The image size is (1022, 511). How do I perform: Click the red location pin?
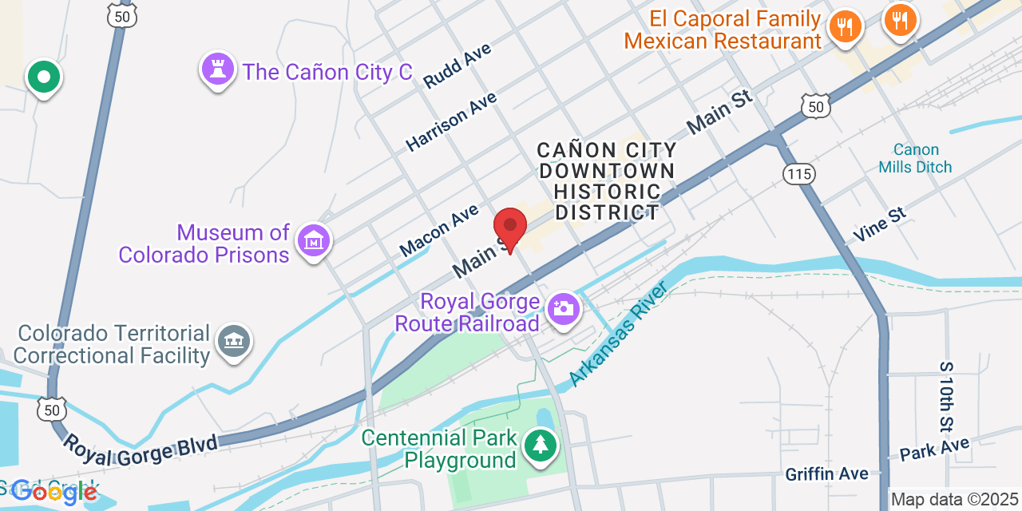(510, 227)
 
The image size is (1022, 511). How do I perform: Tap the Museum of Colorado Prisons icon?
(314, 240)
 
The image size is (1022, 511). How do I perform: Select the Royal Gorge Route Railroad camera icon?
(563, 307)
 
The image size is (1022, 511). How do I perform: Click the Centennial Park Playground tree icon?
(541, 445)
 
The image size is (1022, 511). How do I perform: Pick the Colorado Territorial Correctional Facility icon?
(233, 341)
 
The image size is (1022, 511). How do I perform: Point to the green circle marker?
(44, 77)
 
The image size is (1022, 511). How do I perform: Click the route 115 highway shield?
(798, 174)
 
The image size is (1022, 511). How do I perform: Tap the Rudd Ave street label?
(458, 65)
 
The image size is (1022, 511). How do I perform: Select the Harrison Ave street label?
(451, 121)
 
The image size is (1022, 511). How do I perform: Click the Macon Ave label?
(439, 230)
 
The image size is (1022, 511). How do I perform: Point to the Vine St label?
(880, 224)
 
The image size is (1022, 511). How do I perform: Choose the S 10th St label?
(947, 396)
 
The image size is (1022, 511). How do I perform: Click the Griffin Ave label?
(826, 474)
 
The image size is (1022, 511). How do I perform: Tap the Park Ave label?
(934, 449)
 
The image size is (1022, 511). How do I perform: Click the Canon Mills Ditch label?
(915, 158)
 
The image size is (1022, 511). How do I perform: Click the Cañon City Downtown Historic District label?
(607, 181)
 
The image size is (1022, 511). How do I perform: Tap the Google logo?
(54, 492)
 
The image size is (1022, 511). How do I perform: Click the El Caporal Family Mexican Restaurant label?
(723, 30)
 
